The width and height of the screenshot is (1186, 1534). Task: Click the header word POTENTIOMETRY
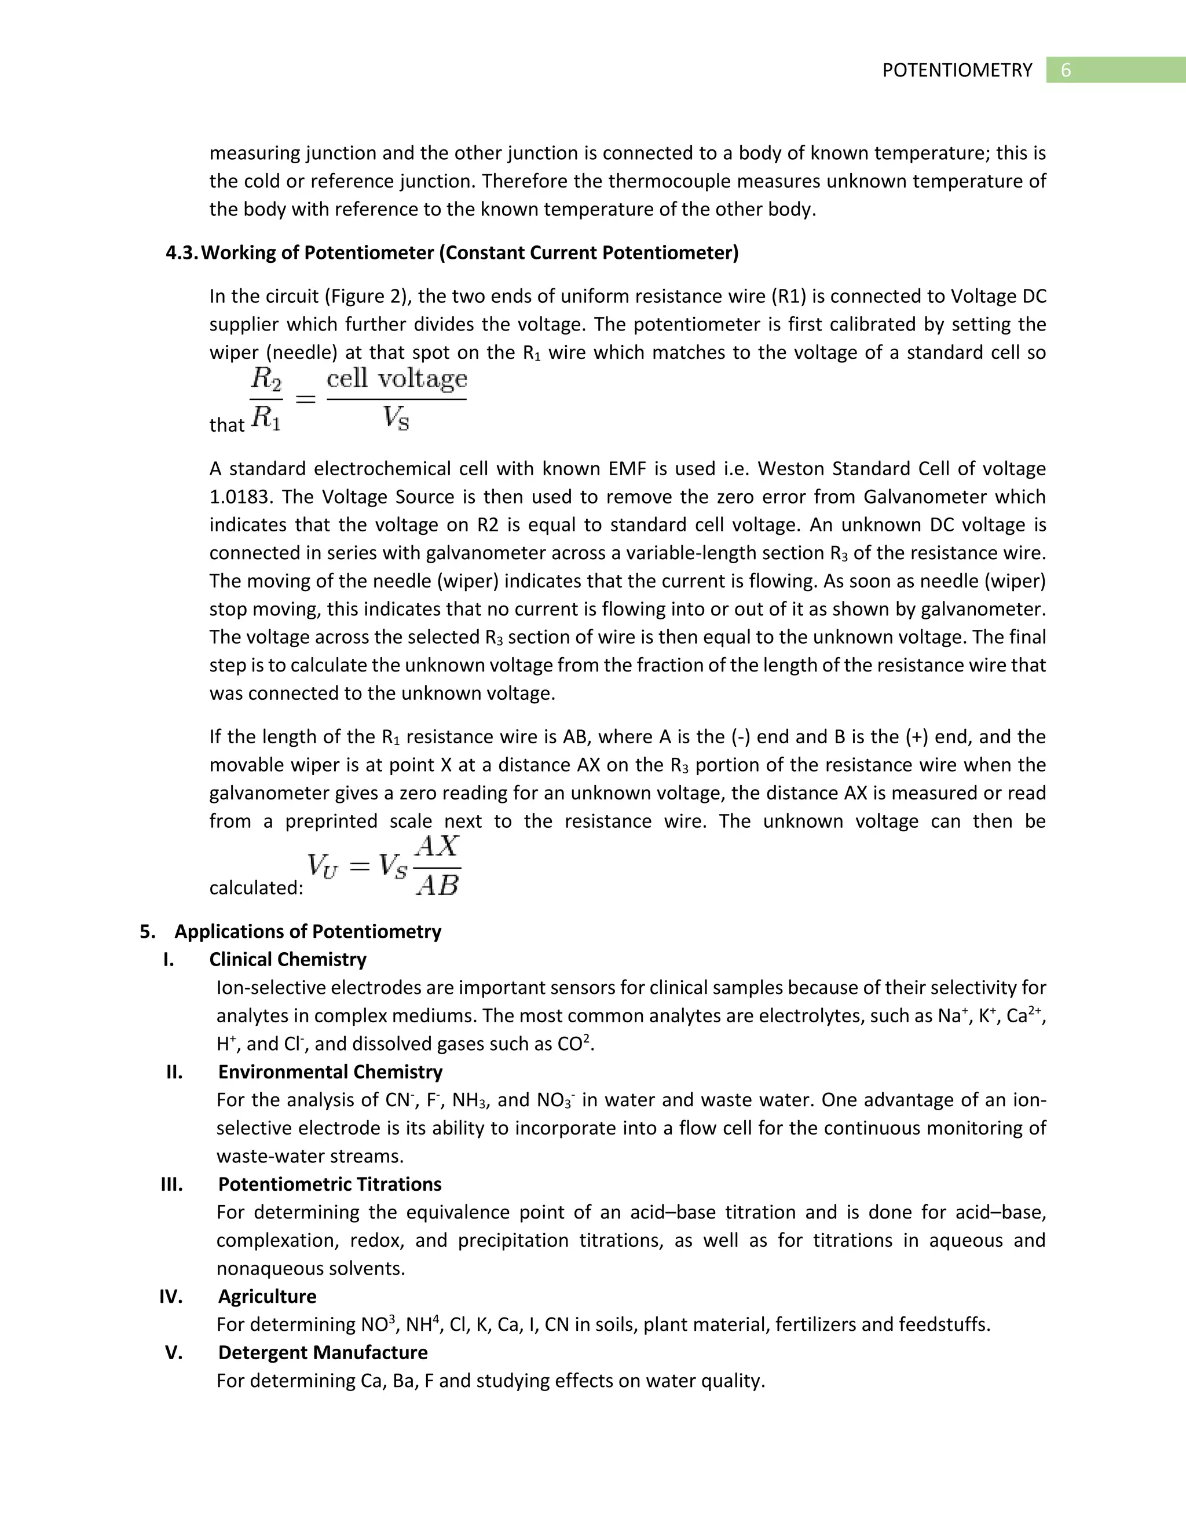(x=957, y=70)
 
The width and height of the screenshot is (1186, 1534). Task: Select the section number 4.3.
(x=182, y=253)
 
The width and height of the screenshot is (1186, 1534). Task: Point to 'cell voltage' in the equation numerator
(x=397, y=379)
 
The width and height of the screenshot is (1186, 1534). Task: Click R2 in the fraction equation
(x=266, y=380)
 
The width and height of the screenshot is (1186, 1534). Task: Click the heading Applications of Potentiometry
(x=308, y=932)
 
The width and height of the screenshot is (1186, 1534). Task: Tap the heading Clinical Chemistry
(x=287, y=960)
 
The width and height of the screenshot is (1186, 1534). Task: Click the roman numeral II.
(x=174, y=1073)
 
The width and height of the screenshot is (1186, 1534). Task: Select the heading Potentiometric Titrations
(x=330, y=1185)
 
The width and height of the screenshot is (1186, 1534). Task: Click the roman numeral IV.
(x=171, y=1297)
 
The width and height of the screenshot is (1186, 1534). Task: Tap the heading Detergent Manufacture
(x=323, y=1353)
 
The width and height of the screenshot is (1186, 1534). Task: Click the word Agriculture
(x=267, y=1297)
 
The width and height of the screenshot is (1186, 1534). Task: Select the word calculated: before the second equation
(x=256, y=889)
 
